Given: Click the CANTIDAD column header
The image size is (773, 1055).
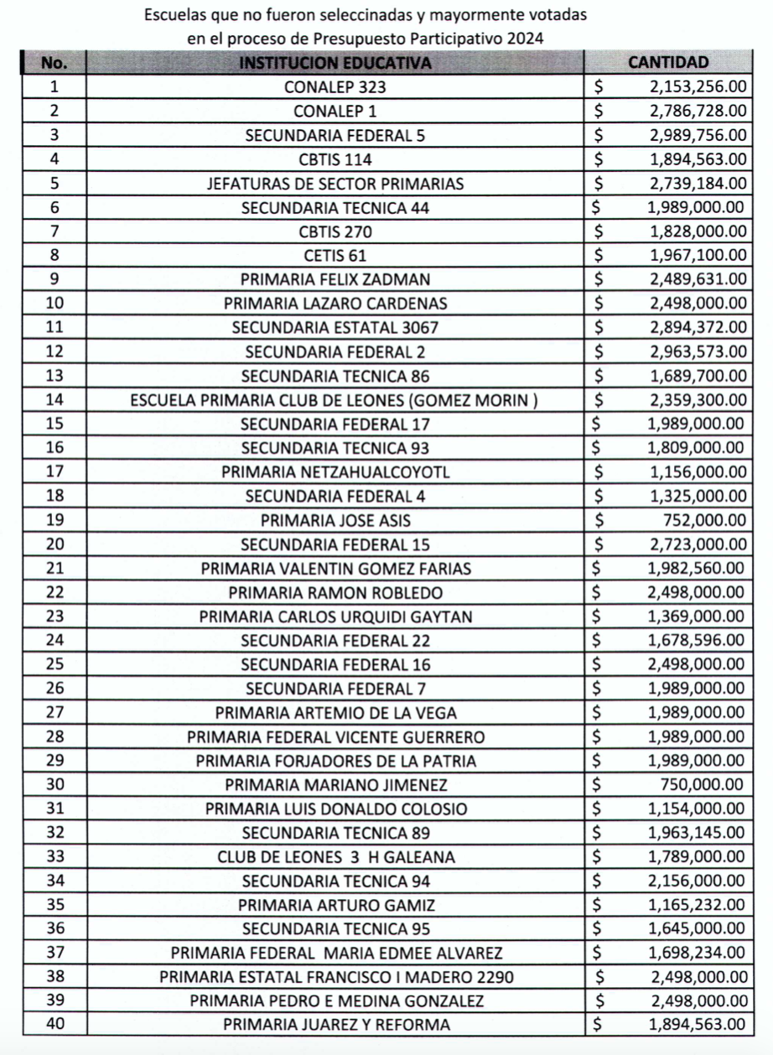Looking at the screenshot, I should pos(668,62).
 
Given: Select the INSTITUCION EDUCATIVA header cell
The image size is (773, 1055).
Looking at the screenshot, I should pos(335,62).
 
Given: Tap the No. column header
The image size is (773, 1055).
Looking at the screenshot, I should pos(54,62).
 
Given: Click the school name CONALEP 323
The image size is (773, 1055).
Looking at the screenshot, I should pos(335,86).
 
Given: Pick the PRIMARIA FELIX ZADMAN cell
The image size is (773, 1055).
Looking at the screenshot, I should pos(335,280).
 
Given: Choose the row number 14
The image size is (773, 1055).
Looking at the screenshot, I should pos(54,401).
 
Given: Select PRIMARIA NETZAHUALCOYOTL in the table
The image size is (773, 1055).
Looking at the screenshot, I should pos(335,472).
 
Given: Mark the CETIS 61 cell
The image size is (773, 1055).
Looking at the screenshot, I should pos(335,256).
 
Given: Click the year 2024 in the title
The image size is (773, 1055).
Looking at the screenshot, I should pos(525,38).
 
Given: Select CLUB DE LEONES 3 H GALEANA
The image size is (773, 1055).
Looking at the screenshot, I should pos(335,858).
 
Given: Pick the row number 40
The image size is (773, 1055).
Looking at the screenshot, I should pos(54,1024).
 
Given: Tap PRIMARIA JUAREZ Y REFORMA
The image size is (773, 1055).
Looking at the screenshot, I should pos(335,1024).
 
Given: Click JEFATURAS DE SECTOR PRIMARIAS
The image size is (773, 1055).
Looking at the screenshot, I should pos(335,183).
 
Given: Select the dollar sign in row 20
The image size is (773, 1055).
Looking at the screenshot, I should pos(599,545).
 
